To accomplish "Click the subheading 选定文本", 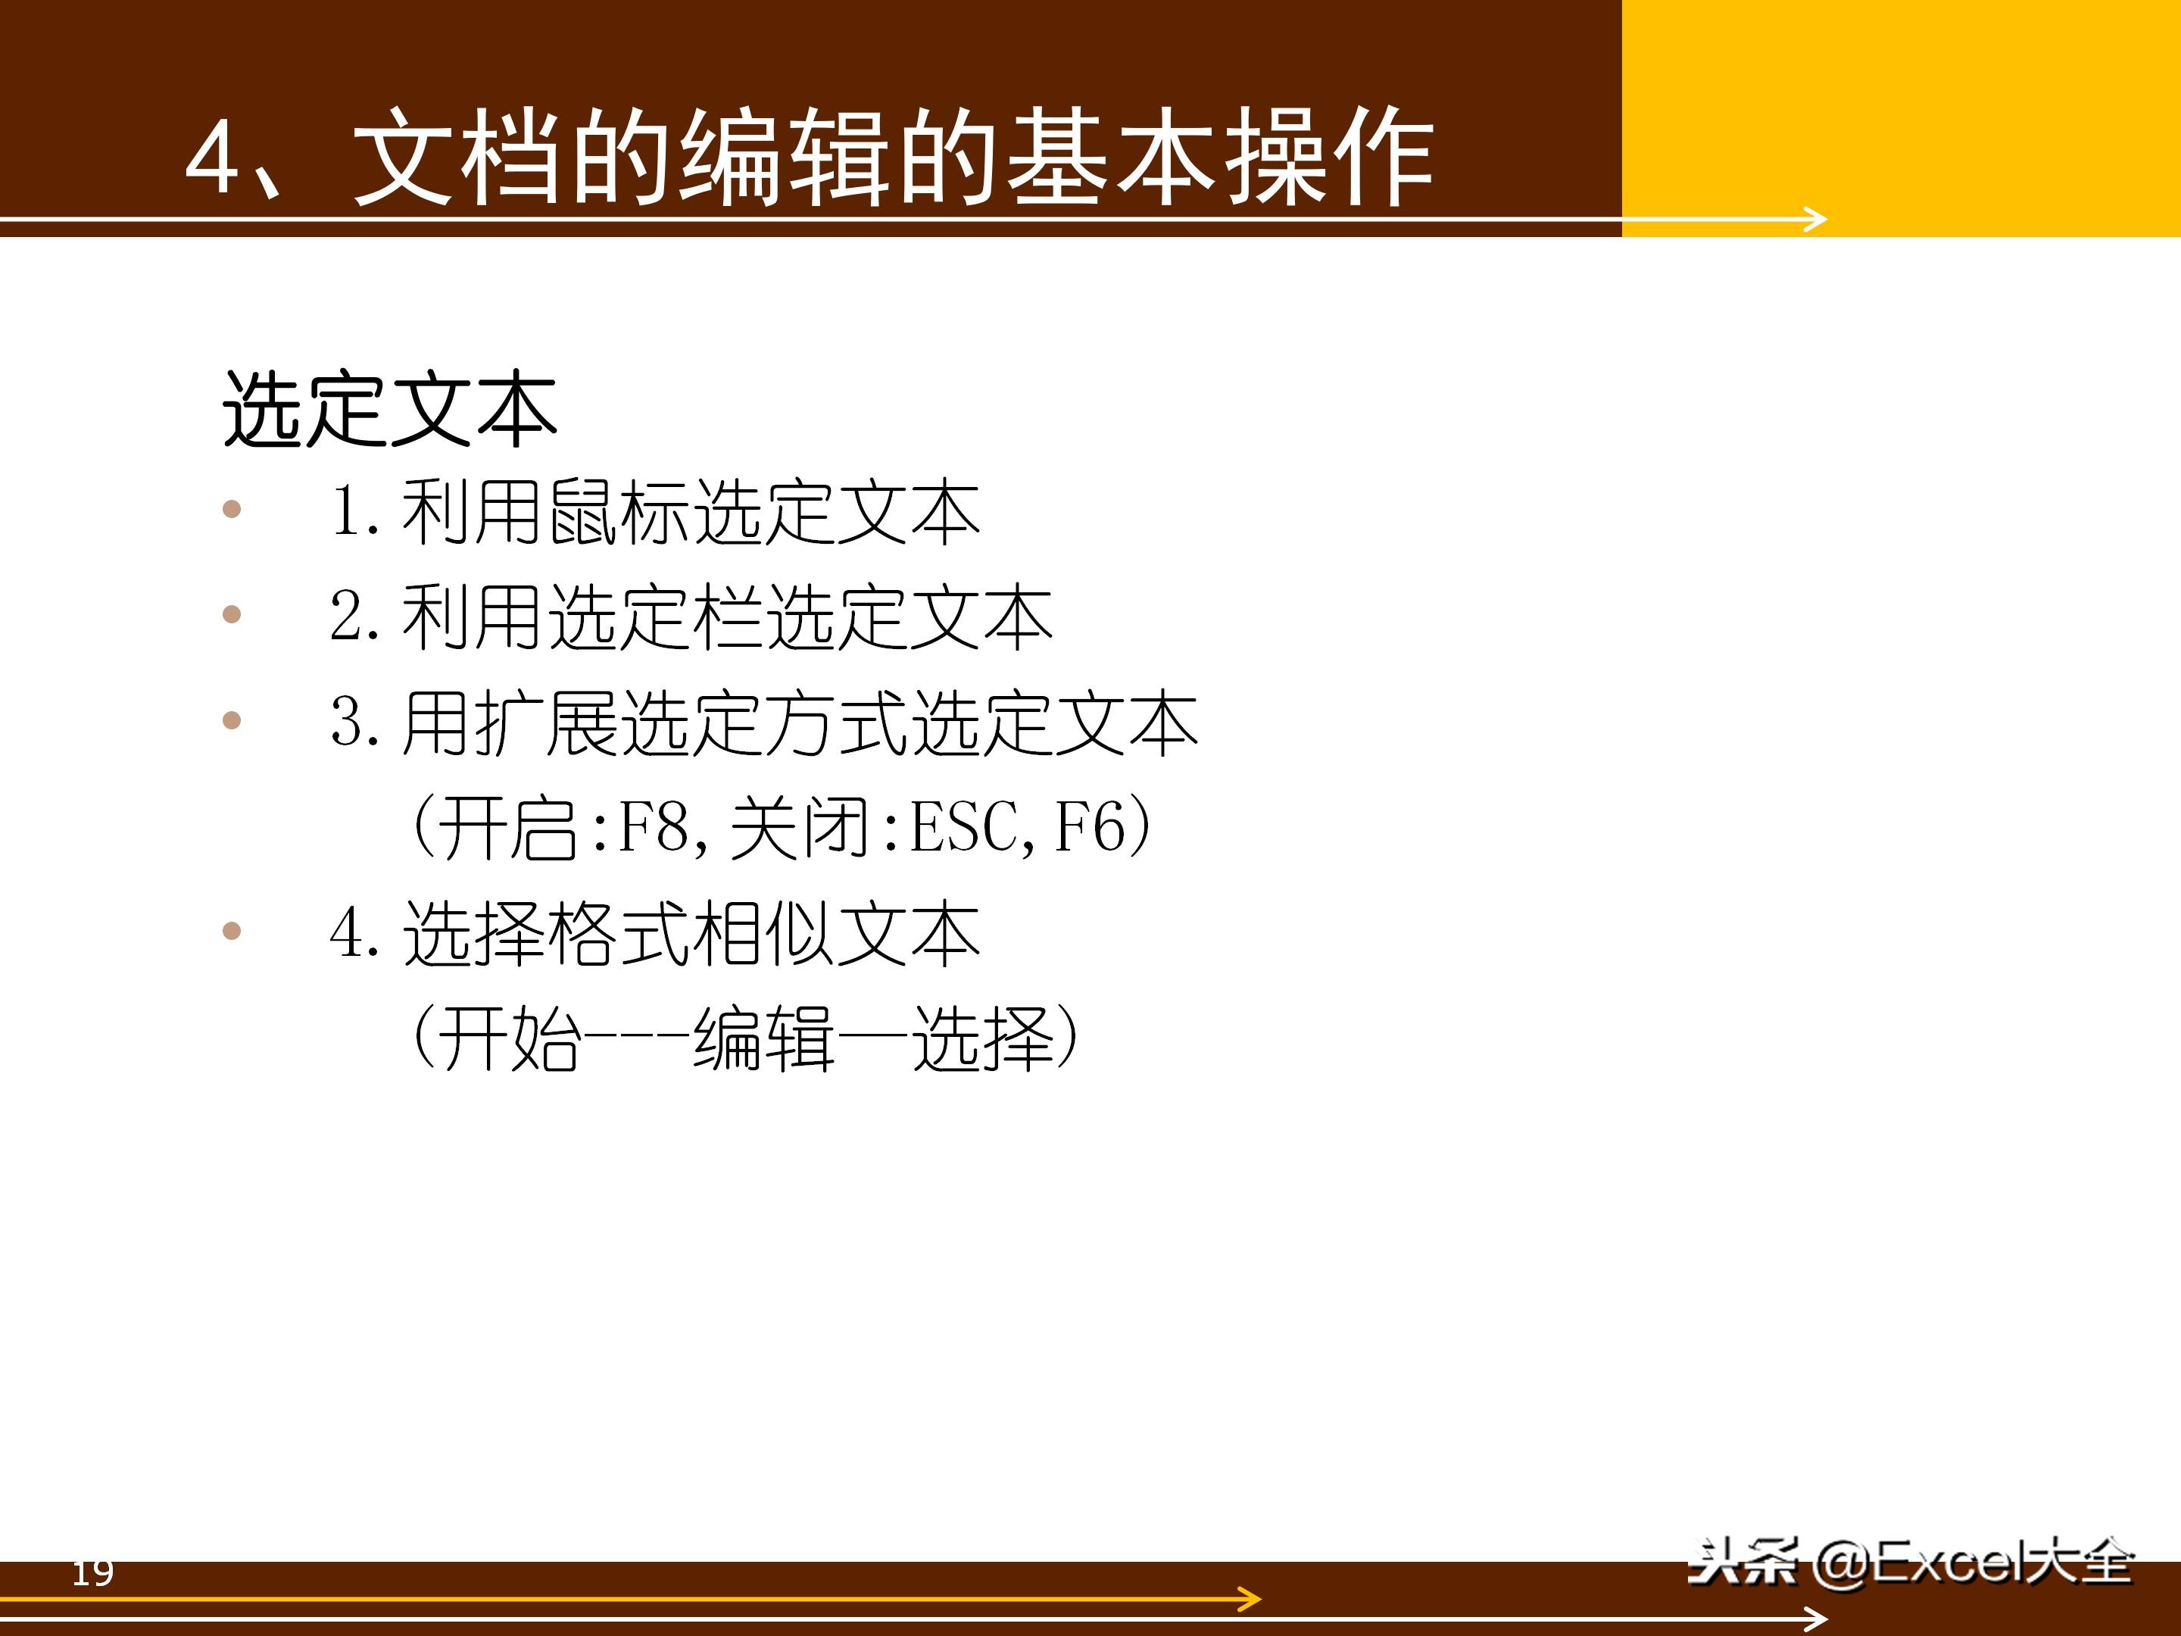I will (x=389, y=409).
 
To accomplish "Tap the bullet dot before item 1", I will (x=232, y=509).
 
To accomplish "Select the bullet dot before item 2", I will (x=232, y=614).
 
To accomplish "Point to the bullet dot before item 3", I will (x=232, y=720).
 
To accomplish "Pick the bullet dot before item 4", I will (x=232, y=930).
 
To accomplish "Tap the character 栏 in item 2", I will (x=729, y=617).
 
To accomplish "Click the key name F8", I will (x=653, y=826).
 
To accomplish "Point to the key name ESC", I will (x=964, y=826).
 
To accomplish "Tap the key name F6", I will (x=1088, y=826).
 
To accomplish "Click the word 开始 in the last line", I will (x=509, y=1038).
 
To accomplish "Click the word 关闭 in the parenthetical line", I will (x=800, y=826).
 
